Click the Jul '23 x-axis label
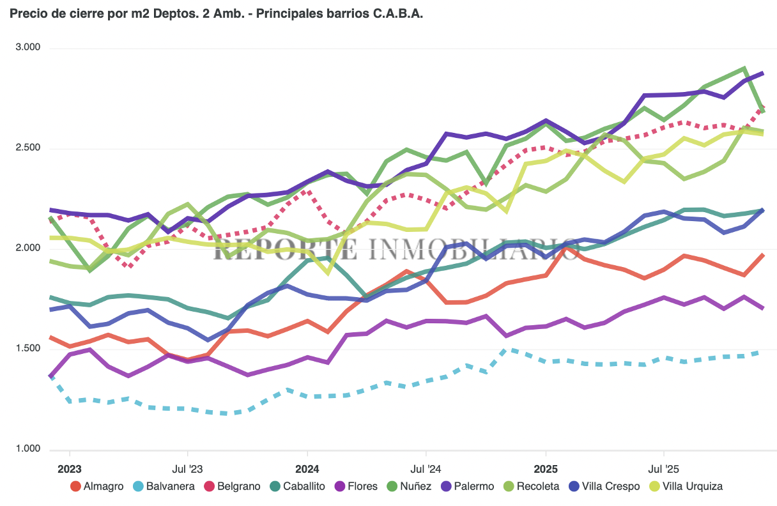[x=188, y=468]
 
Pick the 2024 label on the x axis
[x=307, y=468]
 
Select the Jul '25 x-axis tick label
[x=665, y=468]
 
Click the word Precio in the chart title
[x=26, y=13]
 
